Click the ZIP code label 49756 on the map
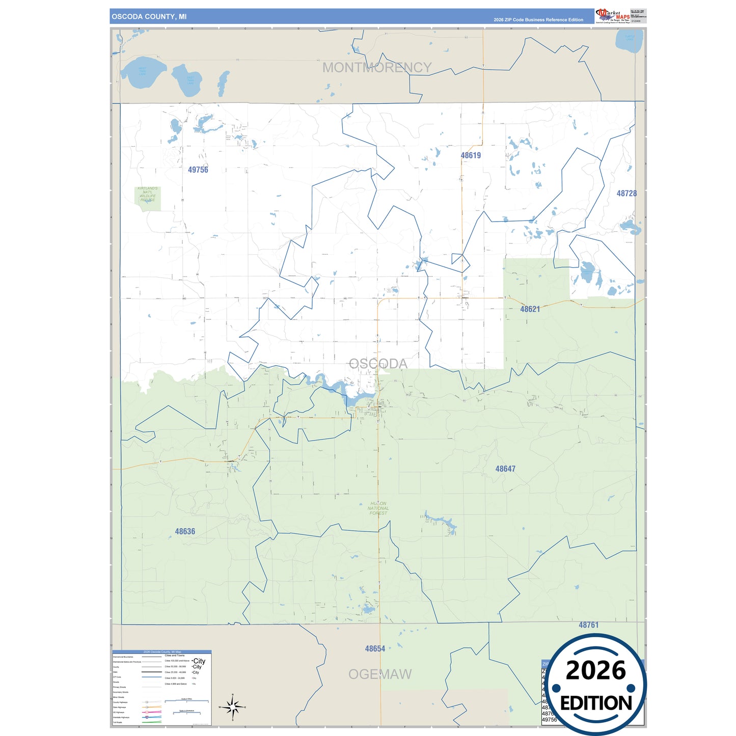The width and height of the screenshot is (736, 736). (x=198, y=170)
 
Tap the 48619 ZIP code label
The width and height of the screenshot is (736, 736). (x=471, y=155)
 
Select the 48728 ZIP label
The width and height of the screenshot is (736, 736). (x=626, y=193)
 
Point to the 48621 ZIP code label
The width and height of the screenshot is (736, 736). (x=530, y=309)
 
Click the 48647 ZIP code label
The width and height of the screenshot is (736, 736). (x=505, y=469)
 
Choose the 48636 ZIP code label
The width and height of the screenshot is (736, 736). (x=185, y=531)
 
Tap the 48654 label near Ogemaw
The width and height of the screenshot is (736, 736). (x=375, y=648)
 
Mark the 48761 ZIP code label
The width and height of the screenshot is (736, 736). (x=588, y=624)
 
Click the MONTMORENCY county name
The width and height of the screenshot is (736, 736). (x=376, y=67)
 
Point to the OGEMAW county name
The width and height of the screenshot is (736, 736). (x=379, y=674)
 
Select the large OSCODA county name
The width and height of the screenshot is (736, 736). (x=378, y=364)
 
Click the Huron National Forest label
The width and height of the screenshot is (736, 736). (x=378, y=508)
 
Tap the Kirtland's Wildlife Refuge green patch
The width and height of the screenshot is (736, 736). (x=148, y=198)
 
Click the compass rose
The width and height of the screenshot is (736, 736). (x=232, y=707)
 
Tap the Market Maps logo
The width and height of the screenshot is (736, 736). (x=613, y=16)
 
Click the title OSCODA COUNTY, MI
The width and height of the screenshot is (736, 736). (x=149, y=16)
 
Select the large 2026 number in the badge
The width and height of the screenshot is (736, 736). (x=595, y=670)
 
